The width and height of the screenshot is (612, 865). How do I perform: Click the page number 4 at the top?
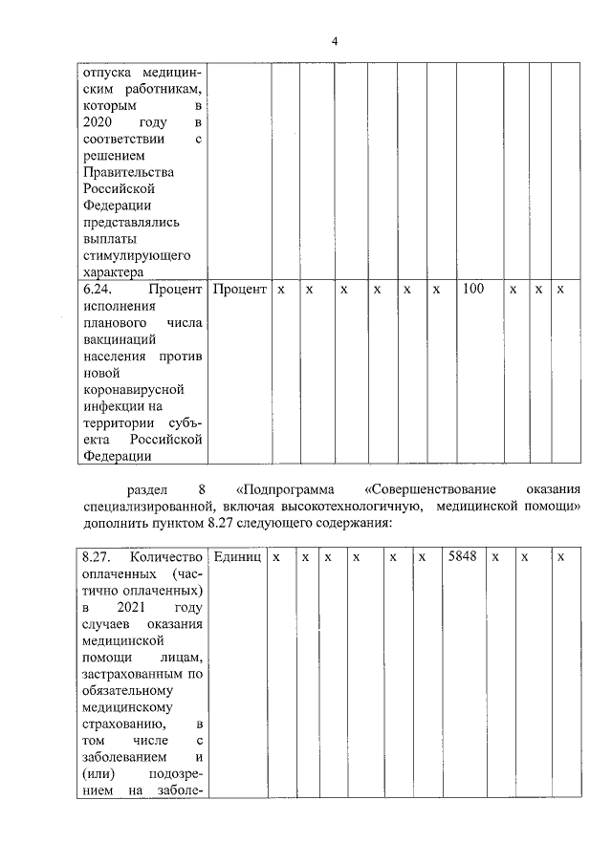click(334, 41)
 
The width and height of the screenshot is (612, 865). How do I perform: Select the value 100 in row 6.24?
click(472, 288)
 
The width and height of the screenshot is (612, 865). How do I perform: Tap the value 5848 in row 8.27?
click(462, 556)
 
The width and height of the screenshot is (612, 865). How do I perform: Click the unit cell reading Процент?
click(238, 288)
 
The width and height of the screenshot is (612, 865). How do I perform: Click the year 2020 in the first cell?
click(98, 122)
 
